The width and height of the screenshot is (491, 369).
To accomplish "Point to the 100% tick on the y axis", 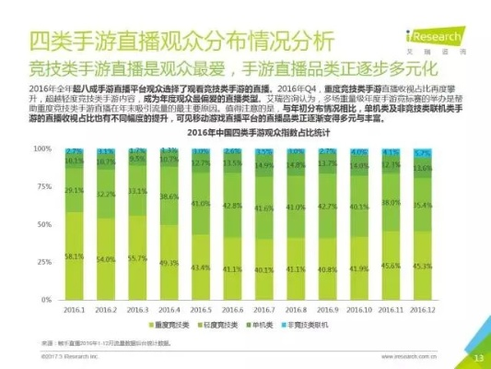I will point(42,148).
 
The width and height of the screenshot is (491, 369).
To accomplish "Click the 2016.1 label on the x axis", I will point(75,311).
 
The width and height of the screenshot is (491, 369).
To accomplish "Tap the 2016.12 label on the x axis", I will point(423,311).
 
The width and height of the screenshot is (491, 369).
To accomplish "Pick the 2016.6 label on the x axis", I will point(232,311).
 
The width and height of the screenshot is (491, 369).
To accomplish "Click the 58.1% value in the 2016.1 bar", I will point(75,256).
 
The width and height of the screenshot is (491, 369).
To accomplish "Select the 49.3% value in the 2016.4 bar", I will point(169,263).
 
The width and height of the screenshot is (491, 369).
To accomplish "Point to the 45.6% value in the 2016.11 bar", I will point(391,266).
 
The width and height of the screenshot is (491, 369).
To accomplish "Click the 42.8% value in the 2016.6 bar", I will point(232,206).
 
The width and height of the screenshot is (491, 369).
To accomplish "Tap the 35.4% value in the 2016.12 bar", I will point(423,205).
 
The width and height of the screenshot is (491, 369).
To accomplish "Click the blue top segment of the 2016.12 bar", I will point(423,152).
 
